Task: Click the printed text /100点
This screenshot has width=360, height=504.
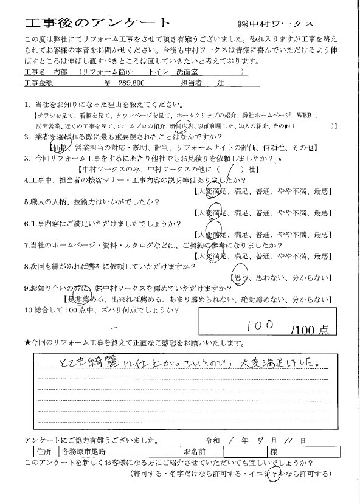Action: pos(310,330)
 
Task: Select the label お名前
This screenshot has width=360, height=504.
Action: pos(197,452)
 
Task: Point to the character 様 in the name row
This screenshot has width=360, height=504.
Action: pos(275,452)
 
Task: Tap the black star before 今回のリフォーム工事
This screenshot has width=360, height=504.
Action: pos(28,343)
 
